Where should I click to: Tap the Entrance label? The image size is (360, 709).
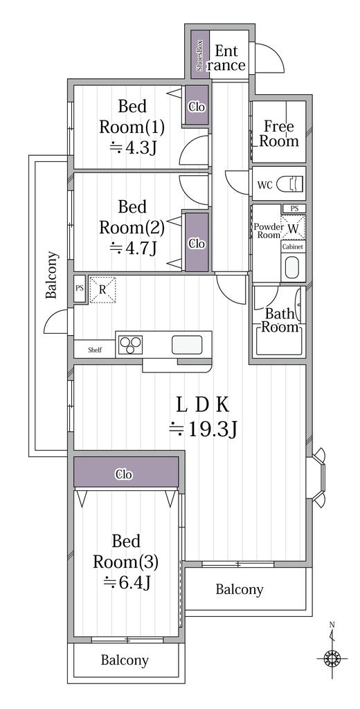pos(226,58)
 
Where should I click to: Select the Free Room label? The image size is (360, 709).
pos(279,134)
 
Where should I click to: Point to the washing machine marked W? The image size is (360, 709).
pos(294,228)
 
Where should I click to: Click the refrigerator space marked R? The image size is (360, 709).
pos(102,290)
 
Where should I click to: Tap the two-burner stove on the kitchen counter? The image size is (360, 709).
pos(130,344)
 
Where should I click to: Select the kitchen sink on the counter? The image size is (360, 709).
pos(187,344)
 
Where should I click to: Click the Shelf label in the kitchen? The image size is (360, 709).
pos(94,350)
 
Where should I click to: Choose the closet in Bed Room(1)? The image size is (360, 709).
pos(196,107)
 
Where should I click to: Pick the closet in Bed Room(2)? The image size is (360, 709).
pos(197,243)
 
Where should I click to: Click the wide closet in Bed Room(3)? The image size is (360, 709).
pos(125,474)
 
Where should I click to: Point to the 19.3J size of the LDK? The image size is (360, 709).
pos(205,429)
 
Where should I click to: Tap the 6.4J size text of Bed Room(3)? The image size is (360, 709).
pos(127,582)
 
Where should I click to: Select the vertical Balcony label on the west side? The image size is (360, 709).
pos(52,275)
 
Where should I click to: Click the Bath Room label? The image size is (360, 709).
pos(279,320)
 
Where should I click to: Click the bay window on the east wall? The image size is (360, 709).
pos(318,476)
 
